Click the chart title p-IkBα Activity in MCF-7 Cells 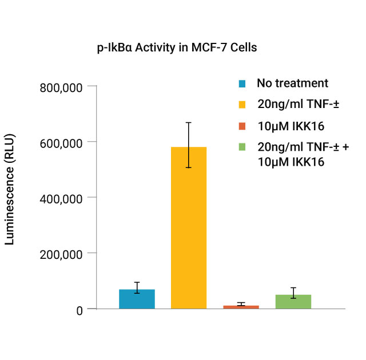(x=177, y=47)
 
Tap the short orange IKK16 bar (x=241, y=307)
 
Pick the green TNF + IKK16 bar (x=293, y=302)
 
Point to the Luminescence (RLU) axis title (x=10, y=189)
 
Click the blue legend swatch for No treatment (x=242, y=84)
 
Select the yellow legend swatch (x=242, y=105)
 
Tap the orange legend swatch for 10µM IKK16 (x=242, y=126)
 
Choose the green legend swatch (x=242, y=147)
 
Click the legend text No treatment (x=292, y=83)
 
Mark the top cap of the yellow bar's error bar (x=189, y=122)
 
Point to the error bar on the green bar (x=293, y=293)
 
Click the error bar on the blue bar (x=137, y=287)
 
